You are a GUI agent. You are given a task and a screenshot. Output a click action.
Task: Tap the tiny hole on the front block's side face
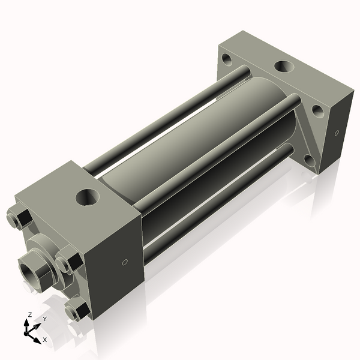coord(125,262)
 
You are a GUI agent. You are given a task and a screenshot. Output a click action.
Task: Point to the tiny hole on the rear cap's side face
coord(337,133)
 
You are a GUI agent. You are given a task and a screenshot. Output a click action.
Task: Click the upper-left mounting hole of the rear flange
coord(227,59)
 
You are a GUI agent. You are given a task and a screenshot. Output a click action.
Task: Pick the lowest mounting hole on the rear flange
coord(308,160)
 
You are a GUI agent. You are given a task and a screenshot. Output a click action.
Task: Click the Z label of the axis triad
coord(29,314)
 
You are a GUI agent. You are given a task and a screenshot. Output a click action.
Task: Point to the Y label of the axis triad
coord(44,319)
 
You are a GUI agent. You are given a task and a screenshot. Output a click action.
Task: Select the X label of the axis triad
coord(44,340)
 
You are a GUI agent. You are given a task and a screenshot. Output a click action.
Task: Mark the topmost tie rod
coord(168,120)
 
